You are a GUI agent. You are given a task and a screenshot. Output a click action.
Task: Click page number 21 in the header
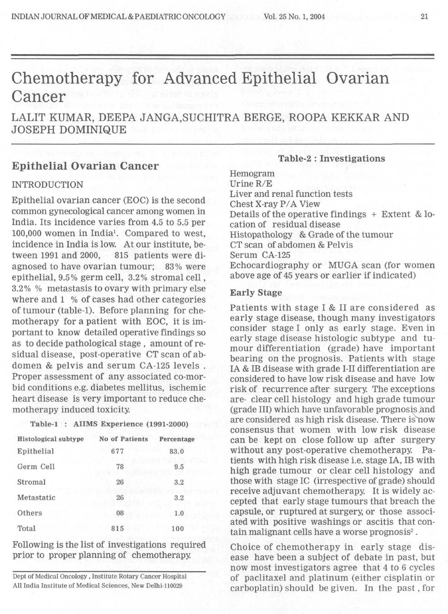pyautogui.click(x=424, y=17)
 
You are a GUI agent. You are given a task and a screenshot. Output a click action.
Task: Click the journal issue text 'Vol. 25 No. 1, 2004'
pyautogui.click(x=294, y=17)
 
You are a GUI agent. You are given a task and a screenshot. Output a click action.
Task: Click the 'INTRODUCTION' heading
pyautogui.click(x=47, y=185)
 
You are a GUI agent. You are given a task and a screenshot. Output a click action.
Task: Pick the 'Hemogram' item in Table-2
pyautogui.click(x=252, y=174)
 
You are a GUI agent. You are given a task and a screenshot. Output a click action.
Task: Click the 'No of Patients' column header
pyautogui.click(x=123, y=439)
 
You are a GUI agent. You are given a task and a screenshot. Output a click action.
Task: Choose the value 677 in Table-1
pyautogui.click(x=117, y=452)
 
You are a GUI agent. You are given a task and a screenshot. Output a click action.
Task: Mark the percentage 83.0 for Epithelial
pyautogui.click(x=176, y=452)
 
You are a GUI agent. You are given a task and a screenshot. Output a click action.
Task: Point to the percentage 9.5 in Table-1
pyautogui.click(x=179, y=467)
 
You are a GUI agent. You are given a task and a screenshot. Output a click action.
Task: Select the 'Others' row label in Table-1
pyautogui.click(x=30, y=513)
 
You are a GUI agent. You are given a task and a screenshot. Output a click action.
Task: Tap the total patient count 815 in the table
pyautogui.click(x=118, y=529)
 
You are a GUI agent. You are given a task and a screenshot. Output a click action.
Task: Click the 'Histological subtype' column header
pyautogui.click(x=50, y=439)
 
